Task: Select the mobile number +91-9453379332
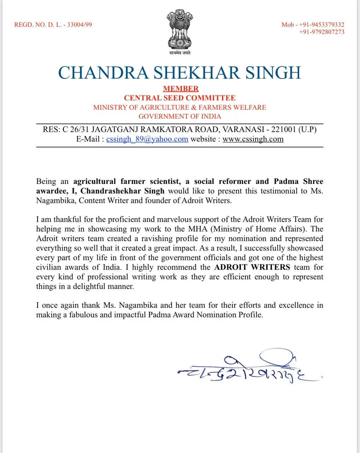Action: pyautogui.click(x=321, y=25)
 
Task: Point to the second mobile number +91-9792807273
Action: pyautogui.click(x=321, y=32)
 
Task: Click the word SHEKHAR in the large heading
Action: pyautogui.click(x=197, y=73)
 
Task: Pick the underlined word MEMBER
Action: pyautogui.click(x=181, y=89)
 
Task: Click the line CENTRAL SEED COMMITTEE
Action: pyautogui.click(x=180, y=98)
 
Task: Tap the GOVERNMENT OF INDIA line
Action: pyautogui.click(x=180, y=116)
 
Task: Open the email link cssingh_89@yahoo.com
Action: pyautogui.click(x=147, y=139)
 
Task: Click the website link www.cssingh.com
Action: pyautogui.click(x=253, y=139)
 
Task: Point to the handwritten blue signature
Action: pyautogui.click(x=248, y=370)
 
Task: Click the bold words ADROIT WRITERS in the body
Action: pyautogui.click(x=252, y=267)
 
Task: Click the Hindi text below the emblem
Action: pyautogui.click(x=180, y=53)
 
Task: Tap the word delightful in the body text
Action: pyautogui.click(x=88, y=286)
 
